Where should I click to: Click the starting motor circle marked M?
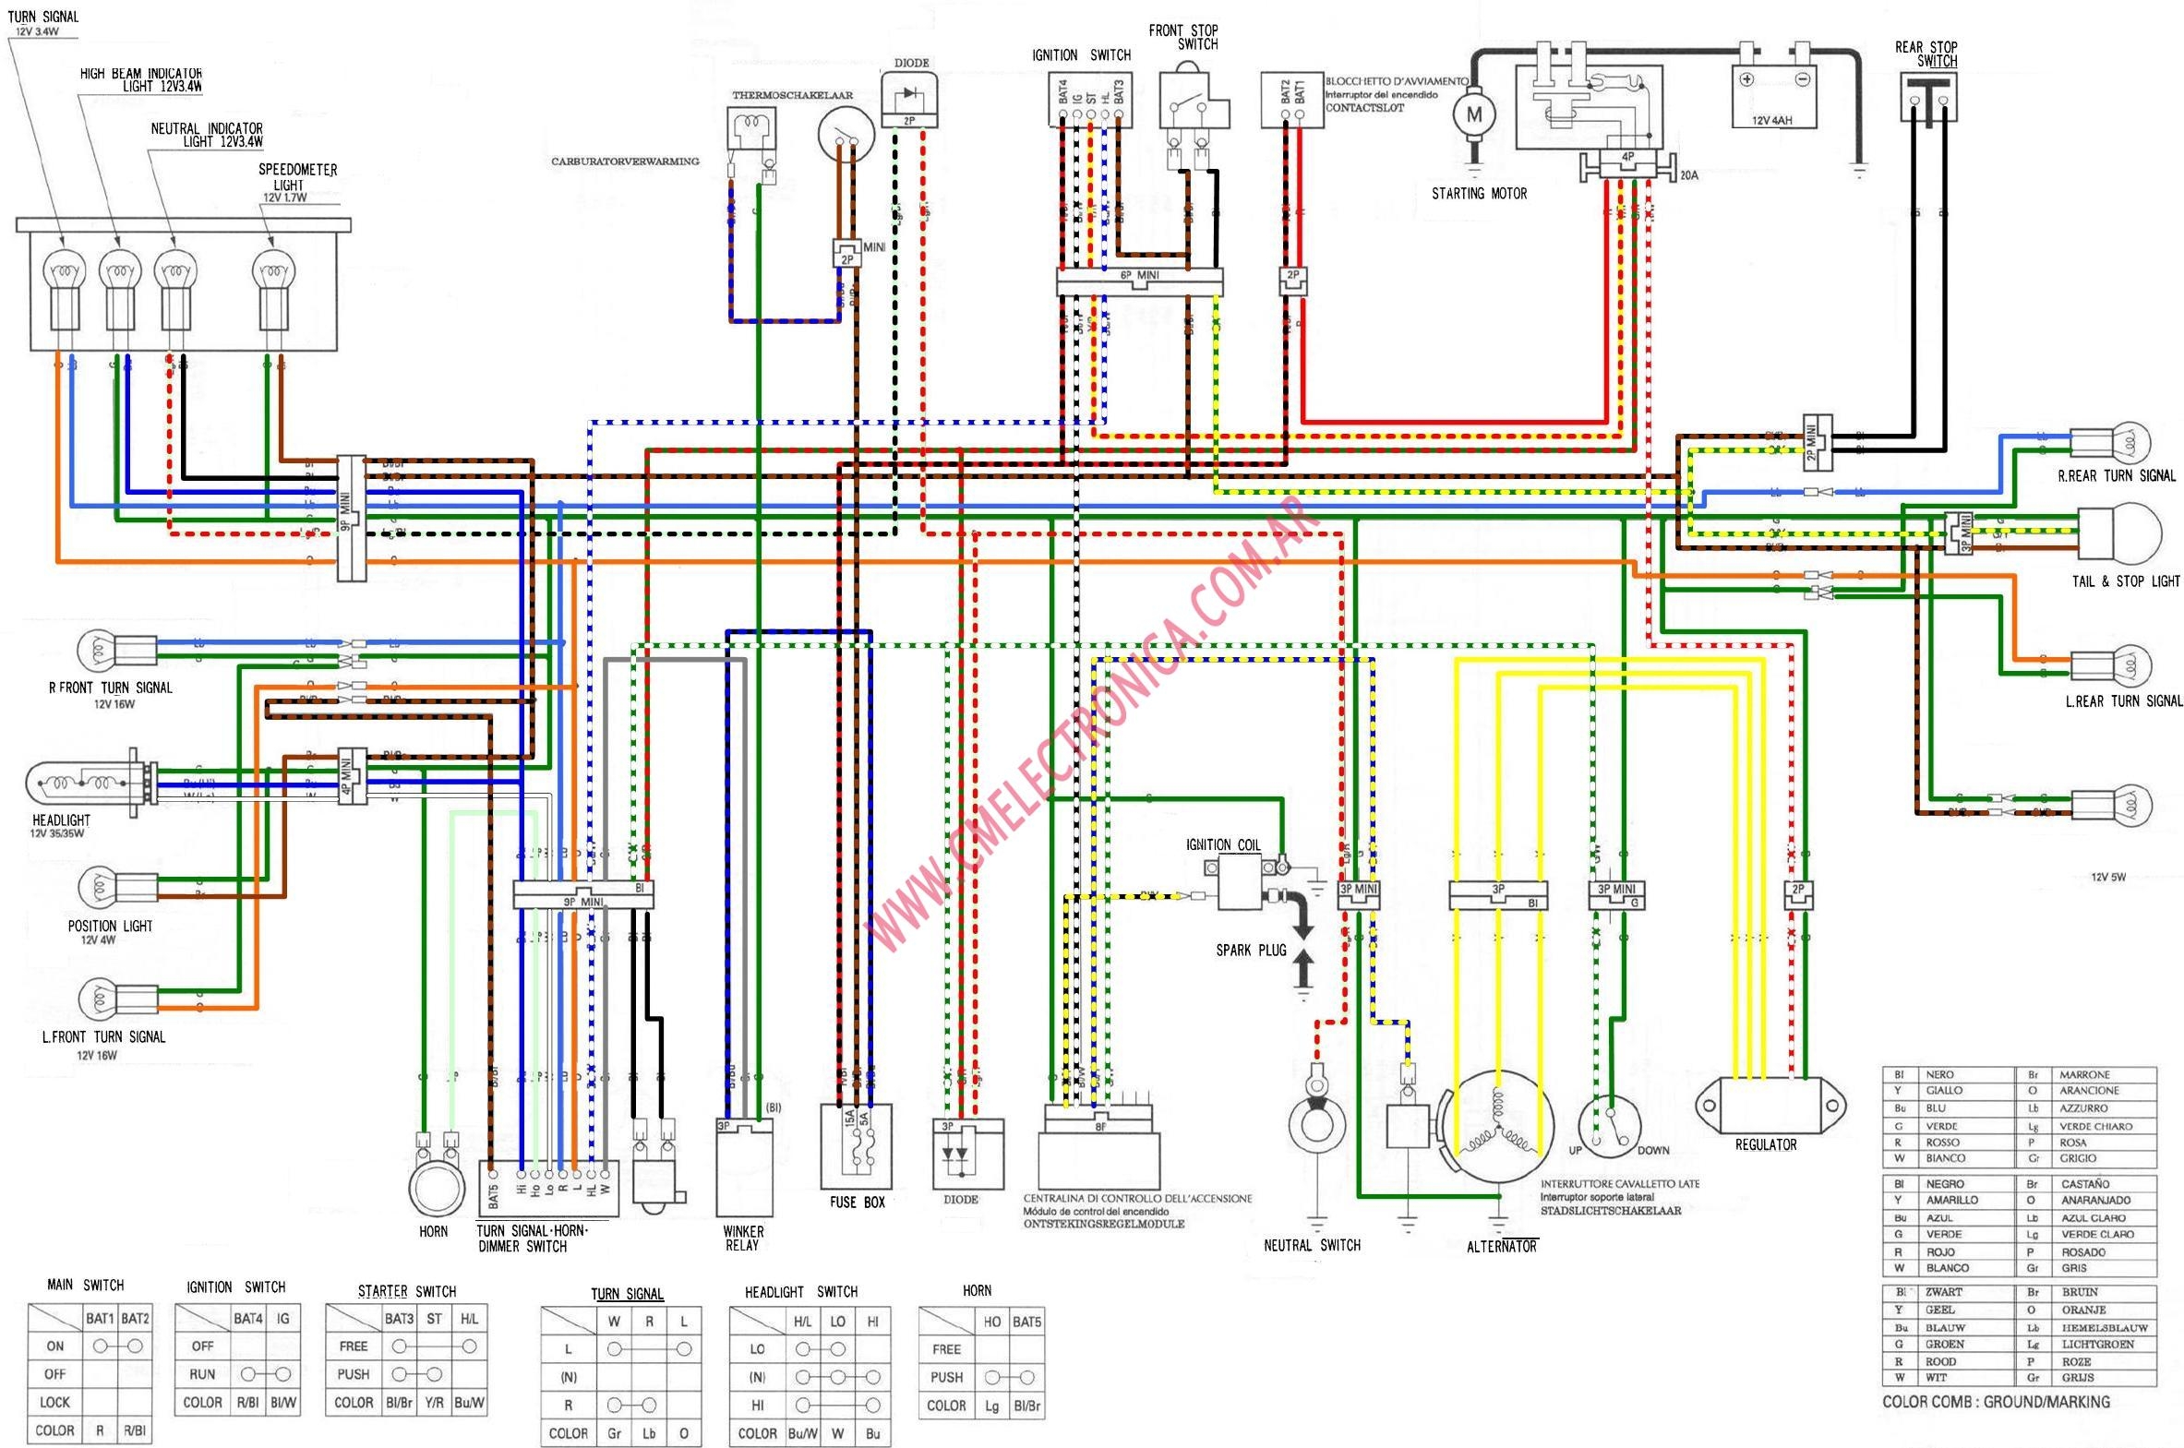[x=1474, y=115]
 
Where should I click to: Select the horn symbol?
[x=435, y=1185]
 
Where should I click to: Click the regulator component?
[x=1770, y=1105]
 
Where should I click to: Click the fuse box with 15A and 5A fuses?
[x=856, y=1145]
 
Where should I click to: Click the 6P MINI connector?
[x=1139, y=281]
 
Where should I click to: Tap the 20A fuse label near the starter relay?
[x=1688, y=174]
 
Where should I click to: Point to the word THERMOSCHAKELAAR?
[x=792, y=95]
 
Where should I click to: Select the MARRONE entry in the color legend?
[x=2084, y=1075]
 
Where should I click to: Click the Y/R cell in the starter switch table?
[x=434, y=1402]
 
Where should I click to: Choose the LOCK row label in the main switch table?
[x=54, y=1402]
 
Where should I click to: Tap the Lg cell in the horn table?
[x=991, y=1406]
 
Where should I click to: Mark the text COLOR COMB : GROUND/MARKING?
[x=1996, y=1402]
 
